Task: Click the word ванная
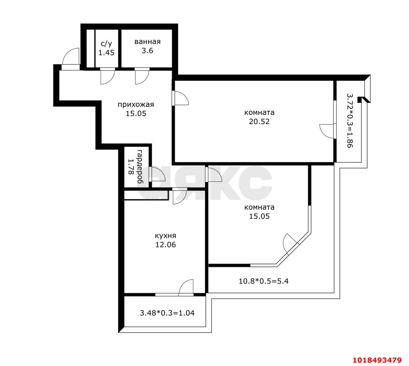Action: (x=147, y=42)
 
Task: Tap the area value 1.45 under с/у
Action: (x=106, y=53)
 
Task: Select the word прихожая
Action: (x=136, y=105)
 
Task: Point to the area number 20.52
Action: (x=259, y=121)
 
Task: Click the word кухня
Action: (x=166, y=236)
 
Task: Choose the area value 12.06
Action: (x=166, y=245)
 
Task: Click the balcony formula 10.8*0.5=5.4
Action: (x=264, y=281)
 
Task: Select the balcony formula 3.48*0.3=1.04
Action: (x=167, y=313)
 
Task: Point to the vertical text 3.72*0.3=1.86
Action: (x=350, y=121)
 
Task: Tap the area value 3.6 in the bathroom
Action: (x=147, y=51)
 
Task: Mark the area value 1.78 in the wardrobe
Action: (x=131, y=167)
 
